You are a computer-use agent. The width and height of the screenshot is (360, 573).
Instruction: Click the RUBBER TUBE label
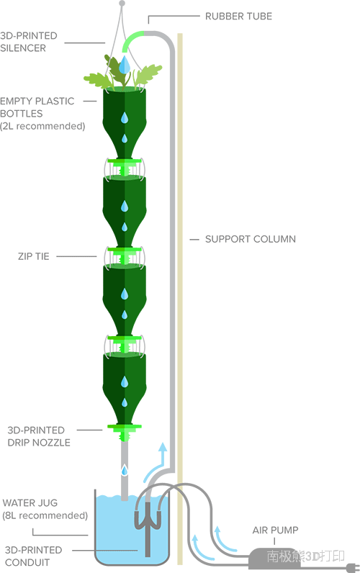tap(238, 17)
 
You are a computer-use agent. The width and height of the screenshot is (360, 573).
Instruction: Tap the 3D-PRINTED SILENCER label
tap(29, 42)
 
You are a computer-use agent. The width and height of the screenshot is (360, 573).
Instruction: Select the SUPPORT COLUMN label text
tap(251, 240)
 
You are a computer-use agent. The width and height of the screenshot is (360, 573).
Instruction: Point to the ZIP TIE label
tap(34, 256)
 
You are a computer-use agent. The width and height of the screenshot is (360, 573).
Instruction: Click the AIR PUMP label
tap(275, 530)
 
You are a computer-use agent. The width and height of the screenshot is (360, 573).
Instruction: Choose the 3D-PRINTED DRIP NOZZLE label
tap(39, 436)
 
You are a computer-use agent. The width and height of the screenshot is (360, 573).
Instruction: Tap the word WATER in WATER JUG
tap(17, 503)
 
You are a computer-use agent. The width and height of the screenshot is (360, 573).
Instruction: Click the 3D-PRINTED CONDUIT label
tap(33, 556)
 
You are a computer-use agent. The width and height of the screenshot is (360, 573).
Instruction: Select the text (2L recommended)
tap(42, 126)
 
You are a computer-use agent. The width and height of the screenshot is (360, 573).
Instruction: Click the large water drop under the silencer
tap(125, 64)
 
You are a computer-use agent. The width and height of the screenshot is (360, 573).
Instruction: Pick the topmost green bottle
tap(125, 124)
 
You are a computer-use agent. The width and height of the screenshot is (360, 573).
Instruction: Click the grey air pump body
tap(274, 557)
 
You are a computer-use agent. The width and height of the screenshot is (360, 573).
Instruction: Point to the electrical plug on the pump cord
tap(352, 567)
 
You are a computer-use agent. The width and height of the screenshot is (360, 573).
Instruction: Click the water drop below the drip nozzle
tap(125, 470)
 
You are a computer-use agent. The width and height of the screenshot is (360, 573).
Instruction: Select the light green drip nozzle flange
tap(125, 426)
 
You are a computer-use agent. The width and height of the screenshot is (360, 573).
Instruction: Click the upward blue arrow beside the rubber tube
tap(156, 462)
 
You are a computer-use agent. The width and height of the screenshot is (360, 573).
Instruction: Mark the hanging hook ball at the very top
tap(122, 4)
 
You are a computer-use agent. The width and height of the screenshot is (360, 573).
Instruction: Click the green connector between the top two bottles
tap(125, 168)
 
